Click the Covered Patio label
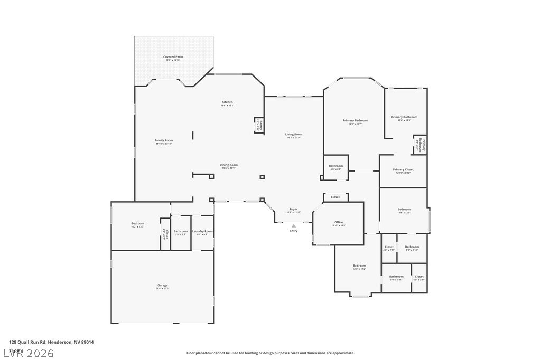(173, 57)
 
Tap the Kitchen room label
(227, 102)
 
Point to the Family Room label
(164, 140)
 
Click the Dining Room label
(229, 165)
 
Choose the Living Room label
(294, 135)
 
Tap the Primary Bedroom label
(355, 120)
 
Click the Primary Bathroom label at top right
(404, 117)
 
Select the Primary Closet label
(403, 170)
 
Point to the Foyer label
(293, 210)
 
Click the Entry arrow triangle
(294, 226)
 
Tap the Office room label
(339, 222)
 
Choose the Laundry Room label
(202, 231)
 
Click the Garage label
(162, 286)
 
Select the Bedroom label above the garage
(137, 224)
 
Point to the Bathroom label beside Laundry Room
(181, 231)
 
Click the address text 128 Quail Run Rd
(51, 342)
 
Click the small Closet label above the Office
(335, 197)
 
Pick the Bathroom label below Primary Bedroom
(336, 166)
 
